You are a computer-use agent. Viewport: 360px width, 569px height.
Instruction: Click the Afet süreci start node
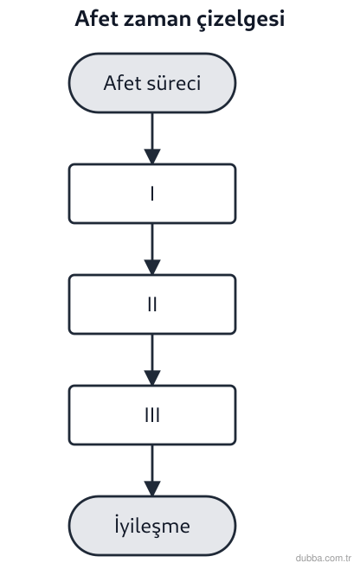click(x=152, y=83)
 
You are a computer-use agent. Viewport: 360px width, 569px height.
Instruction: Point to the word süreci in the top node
click(x=174, y=83)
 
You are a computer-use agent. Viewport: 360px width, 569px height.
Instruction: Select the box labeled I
click(x=152, y=194)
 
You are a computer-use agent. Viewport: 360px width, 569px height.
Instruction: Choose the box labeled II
click(x=152, y=304)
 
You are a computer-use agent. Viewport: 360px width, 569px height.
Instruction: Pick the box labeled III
click(x=152, y=415)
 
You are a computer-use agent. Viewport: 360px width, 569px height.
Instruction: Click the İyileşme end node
click(x=152, y=526)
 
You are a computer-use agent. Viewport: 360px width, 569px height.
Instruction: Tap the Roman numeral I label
click(x=152, y=194)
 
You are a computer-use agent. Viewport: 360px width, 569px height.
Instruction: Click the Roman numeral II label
click(x=152, y=304)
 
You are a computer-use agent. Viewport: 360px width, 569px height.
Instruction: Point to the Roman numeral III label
click(x=152, y=415)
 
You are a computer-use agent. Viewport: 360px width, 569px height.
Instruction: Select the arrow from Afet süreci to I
click(x=152, y=138)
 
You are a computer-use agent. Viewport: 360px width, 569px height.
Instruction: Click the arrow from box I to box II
click(x=152, y=249)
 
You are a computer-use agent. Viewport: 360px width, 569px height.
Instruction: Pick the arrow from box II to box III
click(x=152, y=360)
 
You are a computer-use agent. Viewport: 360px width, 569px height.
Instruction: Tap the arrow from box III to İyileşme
click(x=152, y=470)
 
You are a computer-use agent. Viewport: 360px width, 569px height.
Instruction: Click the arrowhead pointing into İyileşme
click(x=152, y=488)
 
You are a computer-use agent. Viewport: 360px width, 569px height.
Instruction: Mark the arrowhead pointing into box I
click(x=152, y=156)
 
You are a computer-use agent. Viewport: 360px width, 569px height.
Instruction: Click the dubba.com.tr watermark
click(x=324, y=558)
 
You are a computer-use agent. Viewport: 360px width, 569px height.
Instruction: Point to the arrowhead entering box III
click(x=152, y=377)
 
